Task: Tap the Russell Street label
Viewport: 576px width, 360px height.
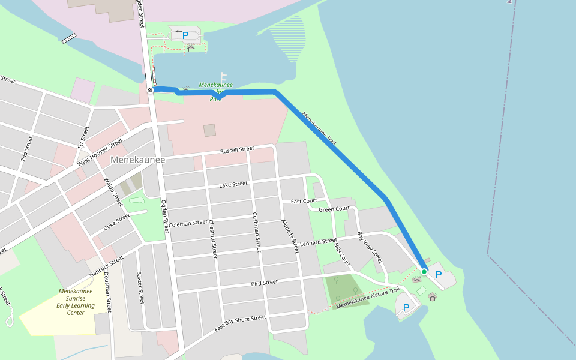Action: (237, 150)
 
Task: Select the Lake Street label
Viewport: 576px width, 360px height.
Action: (233, 184)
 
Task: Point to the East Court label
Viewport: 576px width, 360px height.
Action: (304, 201)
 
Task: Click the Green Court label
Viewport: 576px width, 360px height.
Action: (334, 209)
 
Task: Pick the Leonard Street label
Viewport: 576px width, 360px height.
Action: (319, 242)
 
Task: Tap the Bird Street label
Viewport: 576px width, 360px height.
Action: (264, 282)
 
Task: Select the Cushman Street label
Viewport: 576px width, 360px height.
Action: (256, 232)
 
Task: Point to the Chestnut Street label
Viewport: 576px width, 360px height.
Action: (212, 238)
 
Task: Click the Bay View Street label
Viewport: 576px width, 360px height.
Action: (370, 247)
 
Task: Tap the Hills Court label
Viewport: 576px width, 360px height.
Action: (341, 255)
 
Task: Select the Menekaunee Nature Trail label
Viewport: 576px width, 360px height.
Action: (368, 298)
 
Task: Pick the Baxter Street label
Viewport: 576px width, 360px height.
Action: (141, 287)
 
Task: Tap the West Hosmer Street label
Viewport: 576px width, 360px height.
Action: (100, 153)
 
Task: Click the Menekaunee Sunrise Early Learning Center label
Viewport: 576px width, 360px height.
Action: (76, 302)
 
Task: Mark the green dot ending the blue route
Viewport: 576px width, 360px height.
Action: (424, 272)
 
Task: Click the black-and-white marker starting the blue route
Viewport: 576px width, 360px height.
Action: (150, 90)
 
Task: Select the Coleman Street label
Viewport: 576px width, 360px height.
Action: (188, 223)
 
